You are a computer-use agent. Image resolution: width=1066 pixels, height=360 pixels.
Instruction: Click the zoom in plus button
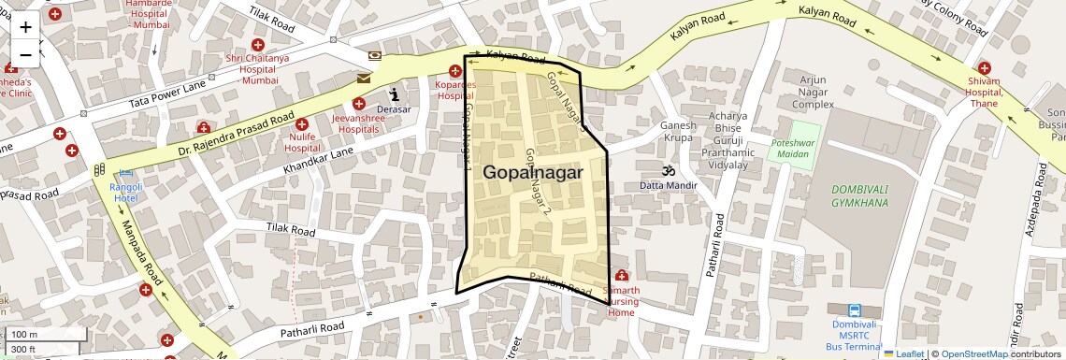pos(25,27)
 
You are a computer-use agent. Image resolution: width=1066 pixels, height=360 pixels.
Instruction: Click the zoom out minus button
pos(25,54)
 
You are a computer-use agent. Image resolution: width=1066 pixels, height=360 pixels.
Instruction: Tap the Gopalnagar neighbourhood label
pos(533,173)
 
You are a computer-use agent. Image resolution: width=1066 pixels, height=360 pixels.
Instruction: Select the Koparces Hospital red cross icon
pos(455,71)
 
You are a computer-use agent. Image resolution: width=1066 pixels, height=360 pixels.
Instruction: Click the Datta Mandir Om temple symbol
pos(668,171)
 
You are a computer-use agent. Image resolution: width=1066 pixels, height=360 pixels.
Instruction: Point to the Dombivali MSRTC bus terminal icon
pos(854,310)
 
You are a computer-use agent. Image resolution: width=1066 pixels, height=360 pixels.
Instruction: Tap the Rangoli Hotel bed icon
pos(125,174)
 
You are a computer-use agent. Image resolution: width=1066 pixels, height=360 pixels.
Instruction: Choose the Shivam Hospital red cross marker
pos(984,68)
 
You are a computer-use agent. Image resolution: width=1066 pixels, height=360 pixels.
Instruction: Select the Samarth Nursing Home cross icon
pos(621,275)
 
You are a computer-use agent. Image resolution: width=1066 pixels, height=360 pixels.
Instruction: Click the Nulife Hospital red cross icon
pos(301,123)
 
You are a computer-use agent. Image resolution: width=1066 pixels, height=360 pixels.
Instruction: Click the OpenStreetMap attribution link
pos(973,353)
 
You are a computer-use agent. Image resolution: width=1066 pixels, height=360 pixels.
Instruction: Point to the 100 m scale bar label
pos(24,334)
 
